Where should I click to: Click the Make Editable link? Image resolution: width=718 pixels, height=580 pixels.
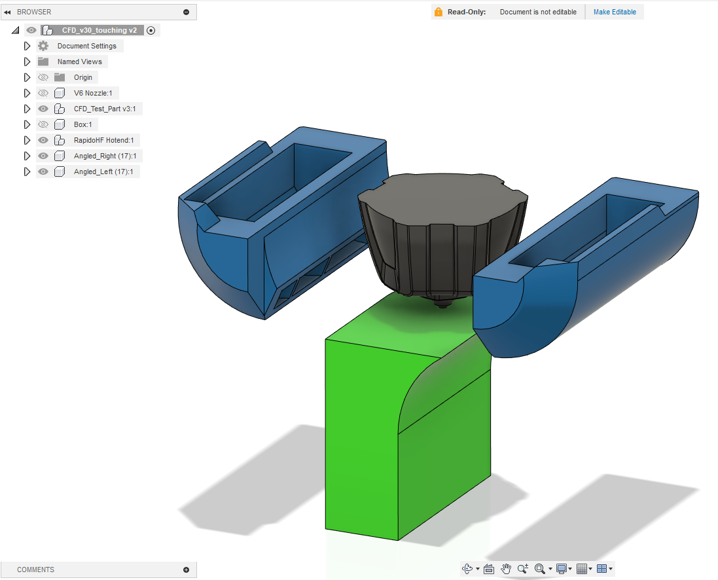tap(615, 12)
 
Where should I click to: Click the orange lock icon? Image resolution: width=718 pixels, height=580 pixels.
tap(439, 12)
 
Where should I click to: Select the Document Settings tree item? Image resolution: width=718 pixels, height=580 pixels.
tap(87, 46)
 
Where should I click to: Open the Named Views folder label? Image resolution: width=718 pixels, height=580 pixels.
tap(80, 62)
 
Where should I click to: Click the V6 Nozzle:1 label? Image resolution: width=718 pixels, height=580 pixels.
tap(93, 93)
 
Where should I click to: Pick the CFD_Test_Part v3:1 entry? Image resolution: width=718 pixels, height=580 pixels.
tap(105, 109)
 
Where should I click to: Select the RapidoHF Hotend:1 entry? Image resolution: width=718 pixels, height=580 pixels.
tap(104, 140)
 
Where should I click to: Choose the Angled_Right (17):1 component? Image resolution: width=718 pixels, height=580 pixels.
tap(105, 156)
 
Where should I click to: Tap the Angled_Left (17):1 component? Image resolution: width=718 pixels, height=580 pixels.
tap(103, 172)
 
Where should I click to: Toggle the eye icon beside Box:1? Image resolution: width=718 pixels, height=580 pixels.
tap(43, 124)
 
